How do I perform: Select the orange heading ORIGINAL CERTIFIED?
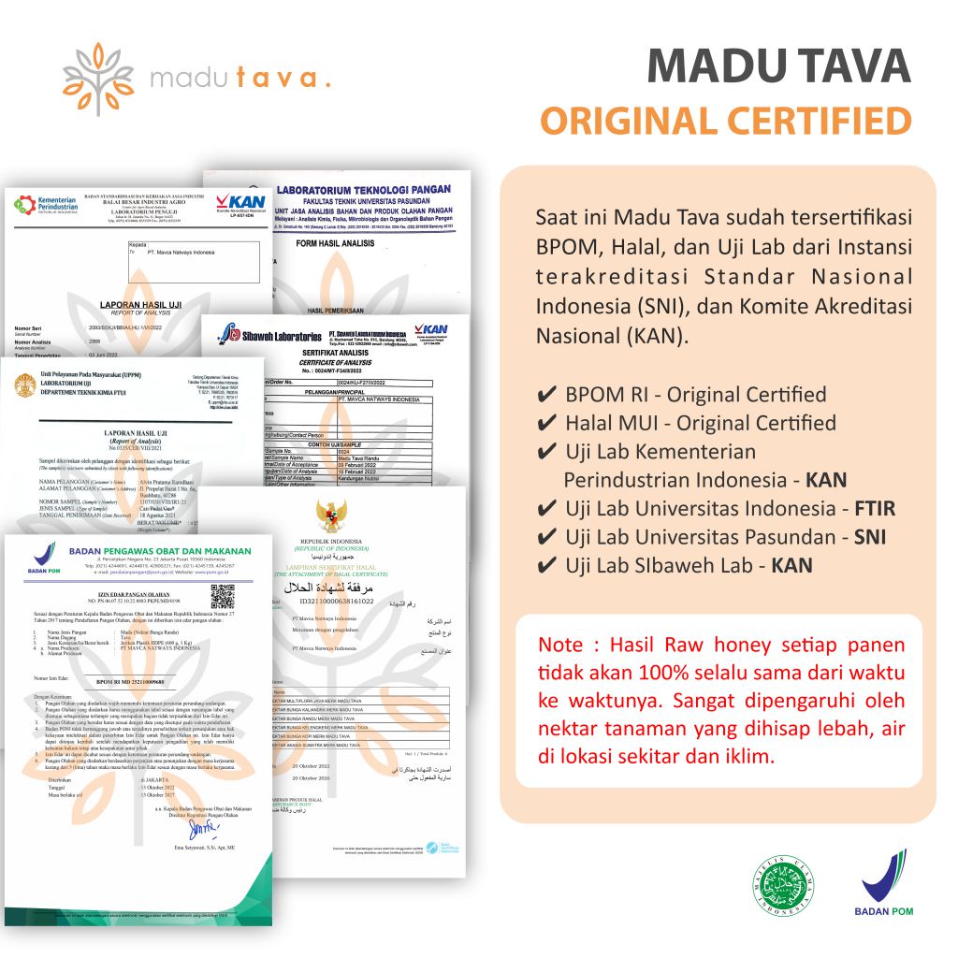[x=726, y=121]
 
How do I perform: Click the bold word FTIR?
[x=875, y=509]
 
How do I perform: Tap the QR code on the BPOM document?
[x=223, y=596]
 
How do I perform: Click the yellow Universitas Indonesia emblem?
[x=26, y=384]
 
